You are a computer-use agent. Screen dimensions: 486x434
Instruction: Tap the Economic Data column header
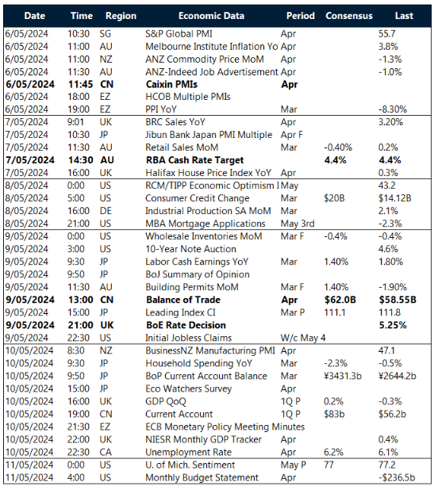point(211,15)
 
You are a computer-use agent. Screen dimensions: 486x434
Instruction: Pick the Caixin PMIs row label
point(172,83)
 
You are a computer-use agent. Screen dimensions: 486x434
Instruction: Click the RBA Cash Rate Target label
point(188,159)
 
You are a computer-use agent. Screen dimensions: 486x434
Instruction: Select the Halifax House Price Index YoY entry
point(198,170)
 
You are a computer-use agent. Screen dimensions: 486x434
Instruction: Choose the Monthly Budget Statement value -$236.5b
point(398,478)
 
